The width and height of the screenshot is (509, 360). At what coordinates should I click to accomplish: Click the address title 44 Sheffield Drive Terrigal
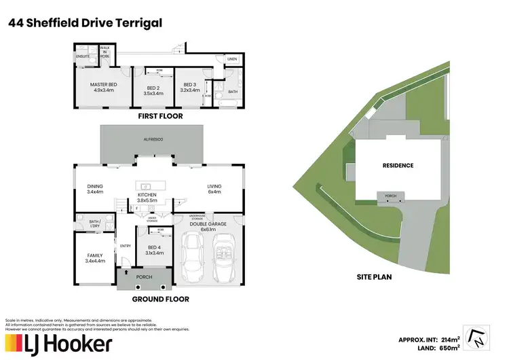(x=85, y=23)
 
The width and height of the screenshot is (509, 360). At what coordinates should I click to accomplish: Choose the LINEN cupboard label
(x=232, y=60)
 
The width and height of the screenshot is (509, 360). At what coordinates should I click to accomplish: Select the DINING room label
(x=94, y=188)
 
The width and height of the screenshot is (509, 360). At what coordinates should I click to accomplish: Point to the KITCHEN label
(x=147, y=195)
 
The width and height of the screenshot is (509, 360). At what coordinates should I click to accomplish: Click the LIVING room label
(x=214, y=188)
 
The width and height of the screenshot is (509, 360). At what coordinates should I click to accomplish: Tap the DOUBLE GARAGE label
(x=209, y=226)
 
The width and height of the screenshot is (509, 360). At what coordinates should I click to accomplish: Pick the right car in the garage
(x=225, y=259)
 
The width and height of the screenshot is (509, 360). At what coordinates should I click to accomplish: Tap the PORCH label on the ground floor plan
(x=143, y=277)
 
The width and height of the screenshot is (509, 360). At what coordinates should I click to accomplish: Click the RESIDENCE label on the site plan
(x=398, y=165)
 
